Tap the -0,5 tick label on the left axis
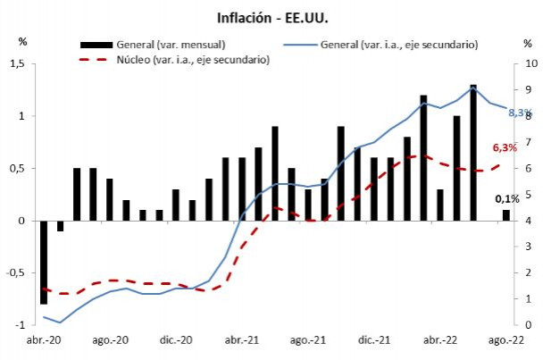tap(16, 272)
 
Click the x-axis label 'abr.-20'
tap(42, 341)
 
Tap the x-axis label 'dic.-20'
tap(176, 341)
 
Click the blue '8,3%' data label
tap(520, 114)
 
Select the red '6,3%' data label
tap(505, 148)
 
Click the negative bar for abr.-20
tap(44, 262)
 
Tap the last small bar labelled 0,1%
tap(506, 215)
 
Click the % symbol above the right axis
tap(528, 43)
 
